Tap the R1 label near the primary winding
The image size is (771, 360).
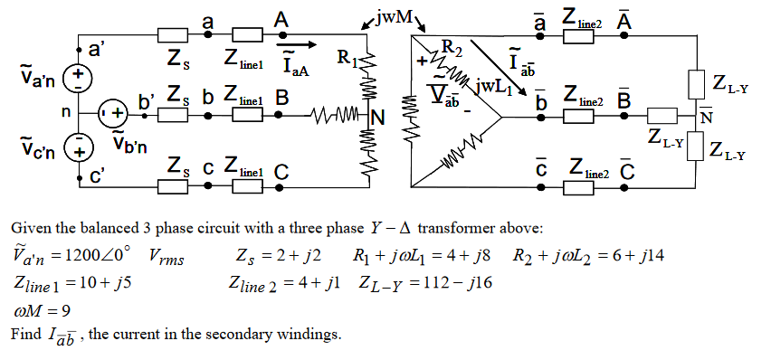(x=347, y=61)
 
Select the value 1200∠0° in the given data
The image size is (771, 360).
(x=99, y=258)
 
